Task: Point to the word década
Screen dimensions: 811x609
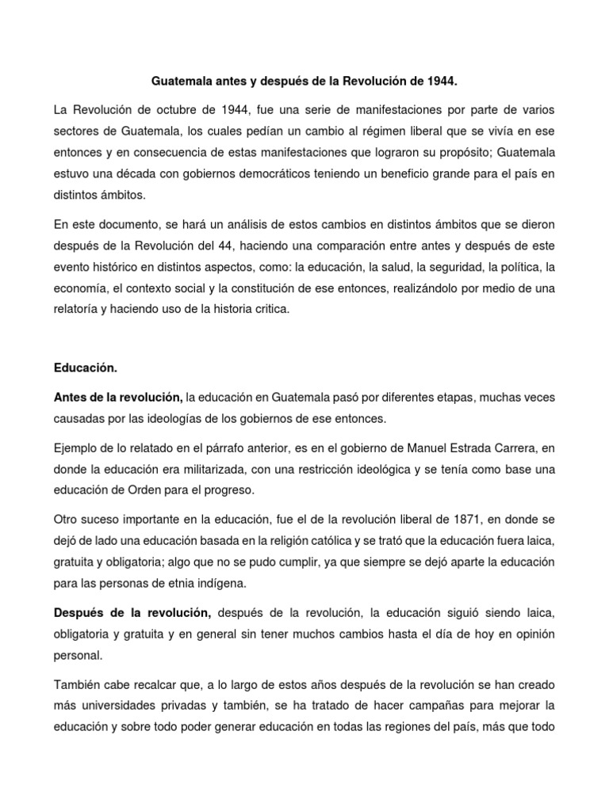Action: pos(139,173)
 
